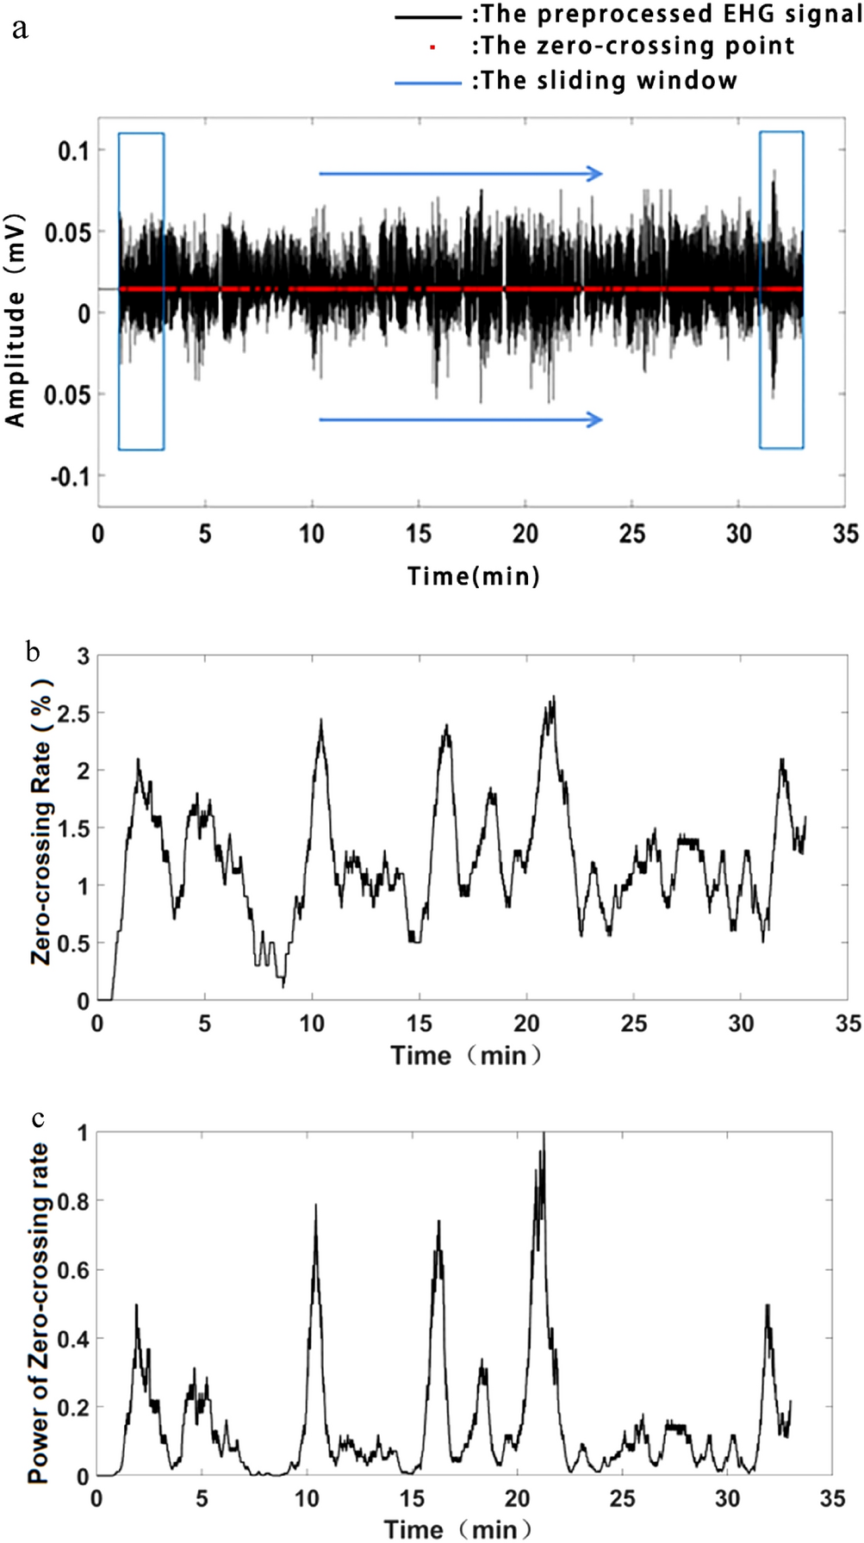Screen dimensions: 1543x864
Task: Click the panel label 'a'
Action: [20, 29]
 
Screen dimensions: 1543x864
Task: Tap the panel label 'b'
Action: [33, 652]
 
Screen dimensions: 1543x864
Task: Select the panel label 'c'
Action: [37, 1119]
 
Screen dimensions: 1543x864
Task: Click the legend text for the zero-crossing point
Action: [633, 46]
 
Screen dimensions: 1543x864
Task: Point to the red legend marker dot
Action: [432, 47]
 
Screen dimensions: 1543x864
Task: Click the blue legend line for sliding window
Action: [428, 83]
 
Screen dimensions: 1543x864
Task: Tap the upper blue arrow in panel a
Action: [461, 174]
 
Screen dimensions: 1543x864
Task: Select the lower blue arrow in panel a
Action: [461, 420]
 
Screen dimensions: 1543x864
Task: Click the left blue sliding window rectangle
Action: [141, 291]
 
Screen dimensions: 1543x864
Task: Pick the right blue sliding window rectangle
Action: [781, 290]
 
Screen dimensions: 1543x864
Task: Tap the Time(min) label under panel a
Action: [473, 575]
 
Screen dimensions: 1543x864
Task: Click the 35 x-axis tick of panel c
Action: [832, 1499]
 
